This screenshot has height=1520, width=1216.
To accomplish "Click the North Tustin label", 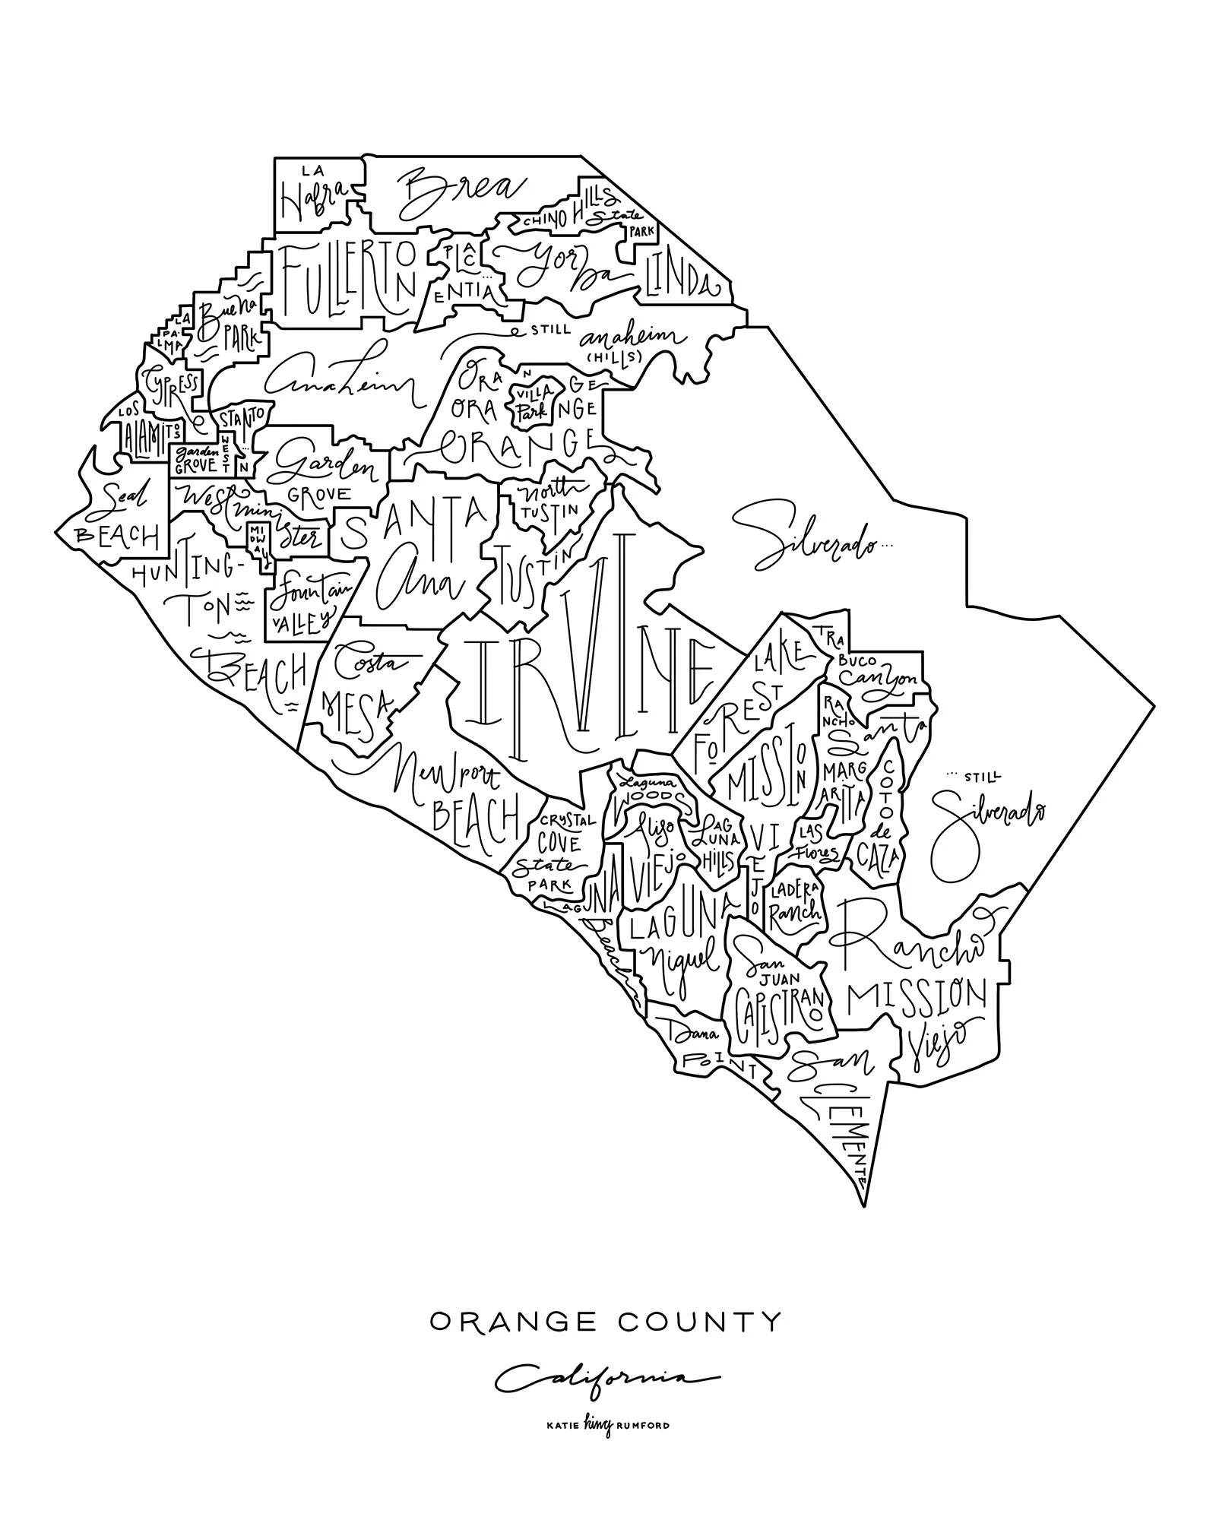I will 547,502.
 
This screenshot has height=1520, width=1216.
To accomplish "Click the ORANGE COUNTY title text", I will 605,1322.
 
